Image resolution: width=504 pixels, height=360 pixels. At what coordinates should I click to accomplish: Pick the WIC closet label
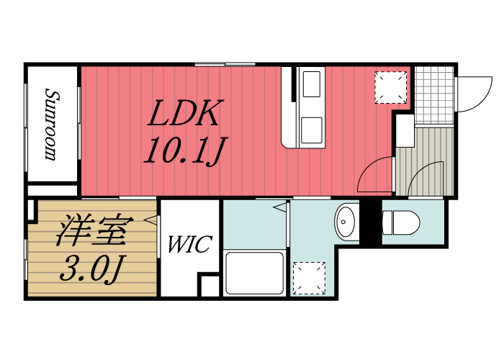[x=189, y=244]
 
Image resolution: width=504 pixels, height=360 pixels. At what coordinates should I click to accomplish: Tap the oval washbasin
[x=347, y=220]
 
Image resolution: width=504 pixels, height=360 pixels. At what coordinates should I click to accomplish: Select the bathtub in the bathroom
[x=255, y=274]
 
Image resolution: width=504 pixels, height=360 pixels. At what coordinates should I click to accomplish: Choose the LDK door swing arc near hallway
[x=375, y=176]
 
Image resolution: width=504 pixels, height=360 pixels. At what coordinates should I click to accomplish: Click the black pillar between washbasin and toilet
[x=369, y=222]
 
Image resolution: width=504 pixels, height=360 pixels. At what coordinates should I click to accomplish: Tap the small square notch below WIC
[x=209, y=285]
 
